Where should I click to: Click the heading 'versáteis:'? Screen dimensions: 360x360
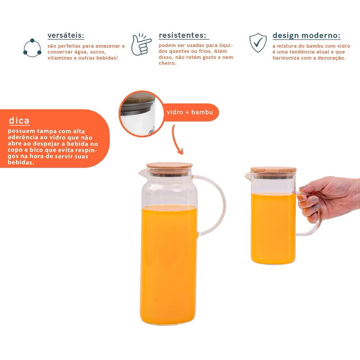click(66, 36)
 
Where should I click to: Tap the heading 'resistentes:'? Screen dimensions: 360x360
click(182, 35)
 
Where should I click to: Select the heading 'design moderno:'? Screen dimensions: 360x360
click(306, 36)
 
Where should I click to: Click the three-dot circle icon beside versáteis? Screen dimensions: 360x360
click(32, 48)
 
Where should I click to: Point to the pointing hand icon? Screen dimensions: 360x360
click(141, 44)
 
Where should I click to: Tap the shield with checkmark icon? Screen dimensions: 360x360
click(258, 42)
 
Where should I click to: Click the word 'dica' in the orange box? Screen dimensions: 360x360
click(19, 121)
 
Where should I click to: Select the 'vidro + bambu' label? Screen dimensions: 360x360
click(189, 112)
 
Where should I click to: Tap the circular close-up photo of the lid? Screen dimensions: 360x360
click(141, 114)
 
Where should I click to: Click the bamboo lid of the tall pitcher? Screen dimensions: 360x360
click(170, 166)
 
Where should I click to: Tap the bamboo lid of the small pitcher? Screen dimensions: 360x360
click(273, 170)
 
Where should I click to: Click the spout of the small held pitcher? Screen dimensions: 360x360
click(248, 176)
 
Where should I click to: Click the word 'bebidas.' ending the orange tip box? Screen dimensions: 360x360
click(21, 162)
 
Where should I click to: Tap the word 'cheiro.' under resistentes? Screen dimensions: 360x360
click(167, 63)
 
